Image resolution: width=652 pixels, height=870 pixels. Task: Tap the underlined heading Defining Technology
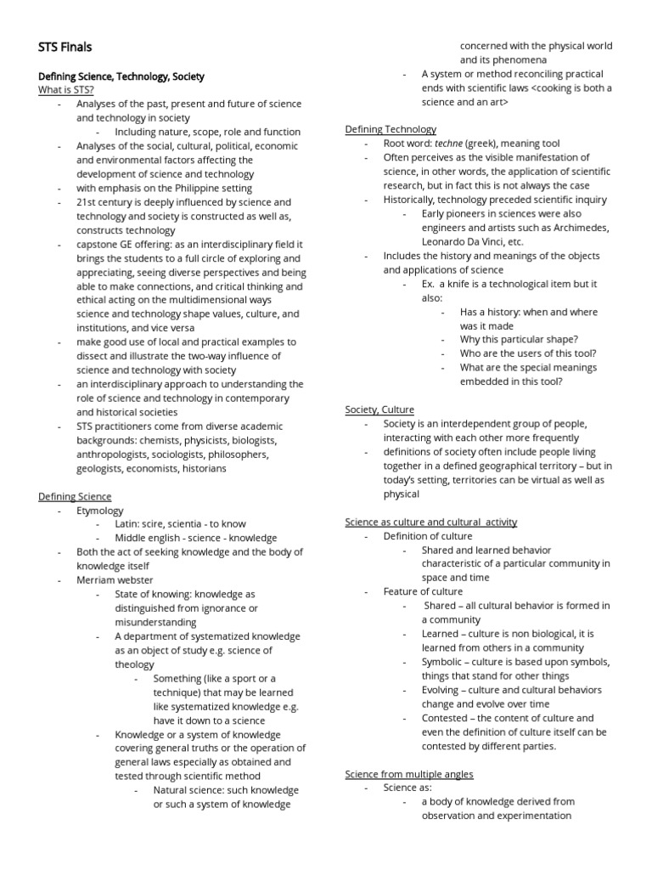(x=391, y=129)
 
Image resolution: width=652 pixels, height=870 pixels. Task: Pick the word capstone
(x=98, y=244)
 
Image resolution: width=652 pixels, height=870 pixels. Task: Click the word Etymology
(x=100, y=511)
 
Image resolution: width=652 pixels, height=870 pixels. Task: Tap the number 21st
(x=87, y=202)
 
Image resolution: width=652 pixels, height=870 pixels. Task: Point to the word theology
(x=134, y=664)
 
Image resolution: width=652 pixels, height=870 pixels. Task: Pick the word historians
(x=198, y=468)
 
